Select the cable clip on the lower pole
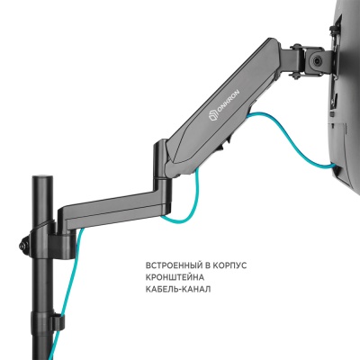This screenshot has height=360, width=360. [56, 319]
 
